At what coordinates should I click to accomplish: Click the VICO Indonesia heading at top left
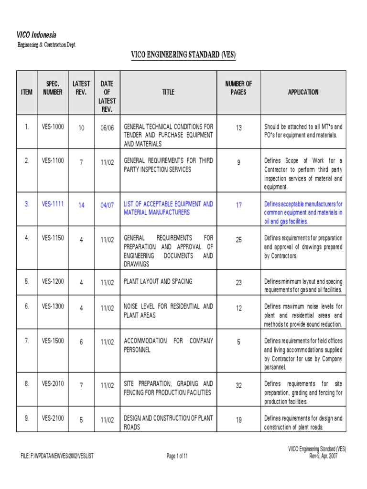[x=37, y=35]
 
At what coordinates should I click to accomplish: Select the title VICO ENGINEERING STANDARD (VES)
[x=183, y=55]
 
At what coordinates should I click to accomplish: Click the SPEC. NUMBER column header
[x=53, y=88]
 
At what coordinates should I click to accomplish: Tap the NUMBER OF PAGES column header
[x=238, y=88]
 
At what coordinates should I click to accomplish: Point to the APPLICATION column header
[x=303, y=92]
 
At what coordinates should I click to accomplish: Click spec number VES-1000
[x=53, y=127]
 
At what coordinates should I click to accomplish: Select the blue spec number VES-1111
[x=53, y=204]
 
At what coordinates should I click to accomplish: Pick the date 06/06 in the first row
[x=107, y=128]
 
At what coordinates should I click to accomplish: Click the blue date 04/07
[x=107, y=205]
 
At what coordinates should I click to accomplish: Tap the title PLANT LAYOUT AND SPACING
[x=158, y=281]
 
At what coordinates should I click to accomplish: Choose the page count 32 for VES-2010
[x=238, y=385]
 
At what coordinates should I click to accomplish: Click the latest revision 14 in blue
[x=81, y=205]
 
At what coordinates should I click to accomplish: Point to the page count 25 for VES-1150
[x=238, y=240]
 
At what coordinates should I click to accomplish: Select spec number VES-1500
[x=53, y=341]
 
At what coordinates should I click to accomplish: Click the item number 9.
[x=27, y=418]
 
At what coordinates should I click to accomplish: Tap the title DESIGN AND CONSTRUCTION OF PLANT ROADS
[x=168, y=423]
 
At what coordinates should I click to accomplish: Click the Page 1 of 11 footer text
[x=177, y=456]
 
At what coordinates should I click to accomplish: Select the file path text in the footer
[x=57, y=456]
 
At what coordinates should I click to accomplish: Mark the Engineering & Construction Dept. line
[x=47, y=44]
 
